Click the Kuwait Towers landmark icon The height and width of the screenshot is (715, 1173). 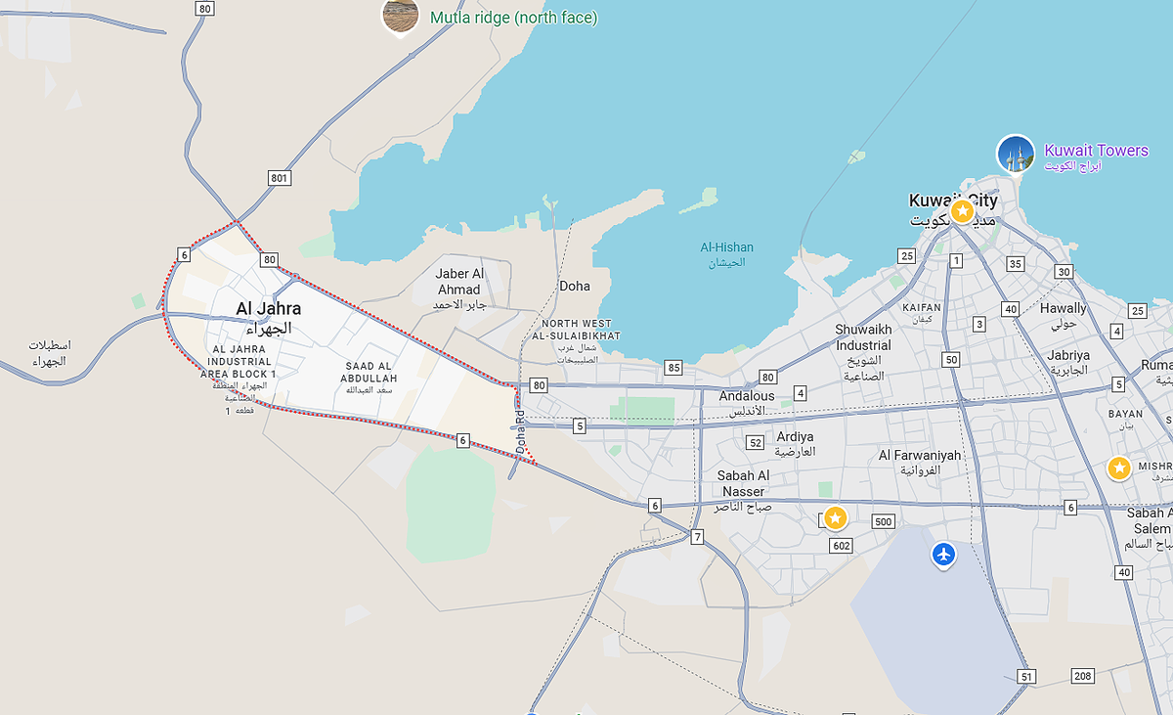[x=1016, y=155]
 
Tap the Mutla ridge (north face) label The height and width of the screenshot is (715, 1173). [x=513, y=18]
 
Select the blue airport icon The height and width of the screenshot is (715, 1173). [x=943, y=555]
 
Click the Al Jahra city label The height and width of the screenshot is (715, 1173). [x=269, y=309]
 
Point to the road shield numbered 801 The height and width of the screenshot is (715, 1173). [x=281, y=177]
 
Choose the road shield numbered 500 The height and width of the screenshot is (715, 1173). [x=884, y=521]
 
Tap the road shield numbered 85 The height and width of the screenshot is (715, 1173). [x=673, y=368]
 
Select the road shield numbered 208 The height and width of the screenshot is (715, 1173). [x=1082, y=676]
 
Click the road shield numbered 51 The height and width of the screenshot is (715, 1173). [x=1025, y=676]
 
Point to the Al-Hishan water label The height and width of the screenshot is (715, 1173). [x=726, y=247]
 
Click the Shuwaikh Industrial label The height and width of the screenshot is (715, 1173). [x=863, y=337]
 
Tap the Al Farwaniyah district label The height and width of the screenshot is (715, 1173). [x=920, y=455]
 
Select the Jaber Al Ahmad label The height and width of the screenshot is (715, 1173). [x=459, y=282]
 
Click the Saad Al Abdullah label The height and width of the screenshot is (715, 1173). [x=371, y=373]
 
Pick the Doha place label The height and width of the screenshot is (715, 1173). [x=575, y=286]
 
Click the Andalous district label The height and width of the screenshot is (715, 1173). [x=747, y=396]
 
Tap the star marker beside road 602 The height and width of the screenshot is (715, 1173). [x=835, y=517]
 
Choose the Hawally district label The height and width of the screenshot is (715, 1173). [x=1063, y=308]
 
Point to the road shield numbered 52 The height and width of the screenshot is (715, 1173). [x=755, y=442]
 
